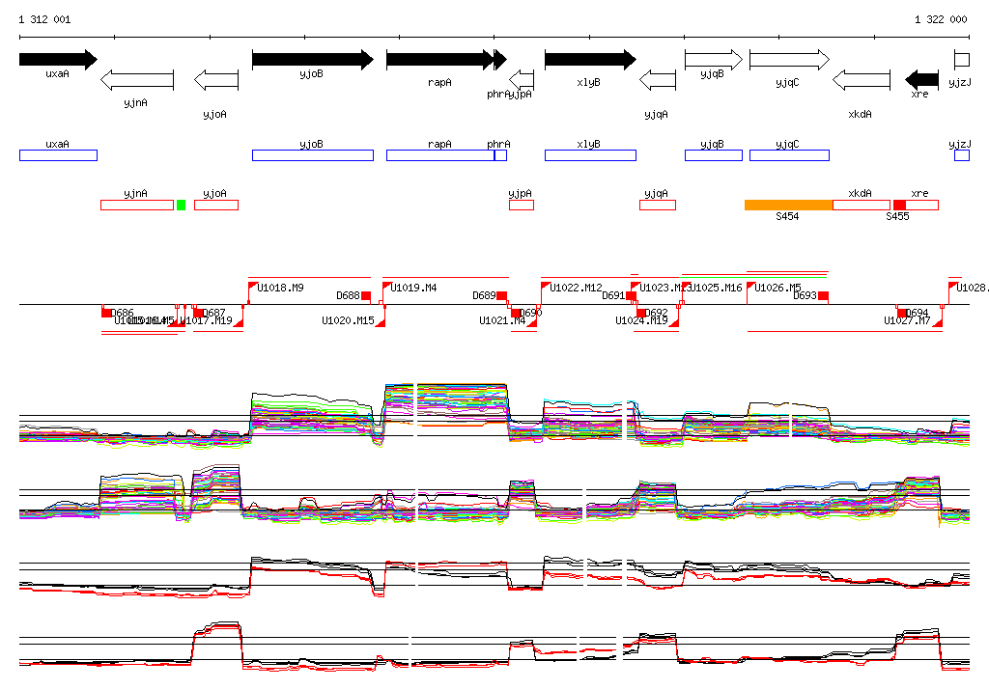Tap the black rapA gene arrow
pos(439,59)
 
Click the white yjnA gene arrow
pos(137,79)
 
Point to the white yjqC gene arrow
pos(788,59)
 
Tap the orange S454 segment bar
pos(788,205)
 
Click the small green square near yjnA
pos(181,205)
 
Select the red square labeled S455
pos(899,205)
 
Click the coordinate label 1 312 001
pos(43,19)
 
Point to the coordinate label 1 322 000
pos(941,19)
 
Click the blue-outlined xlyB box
pos(590,155)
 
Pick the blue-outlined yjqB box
pos(714,155)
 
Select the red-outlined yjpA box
pos(522,205)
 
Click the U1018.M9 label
pos(281,288)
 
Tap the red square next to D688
pos(366,296)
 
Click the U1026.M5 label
pos(778,288)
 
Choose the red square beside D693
pos(823,296)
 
